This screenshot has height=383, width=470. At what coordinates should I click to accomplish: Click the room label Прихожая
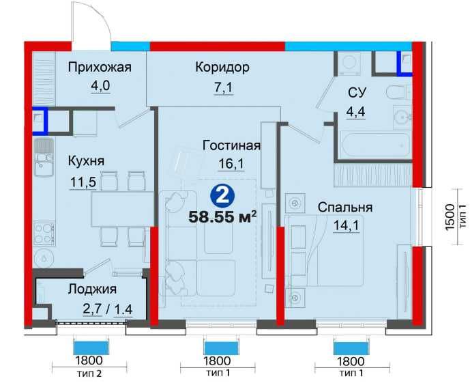(99, 67)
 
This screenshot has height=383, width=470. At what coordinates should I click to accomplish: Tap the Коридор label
(222, 67)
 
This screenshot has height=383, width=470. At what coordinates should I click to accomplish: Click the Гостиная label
(232, 145)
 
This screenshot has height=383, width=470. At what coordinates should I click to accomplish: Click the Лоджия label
(92, 289)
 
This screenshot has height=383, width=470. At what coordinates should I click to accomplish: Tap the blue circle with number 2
(220, 197)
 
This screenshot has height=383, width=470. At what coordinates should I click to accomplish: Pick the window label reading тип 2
(90, 373)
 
